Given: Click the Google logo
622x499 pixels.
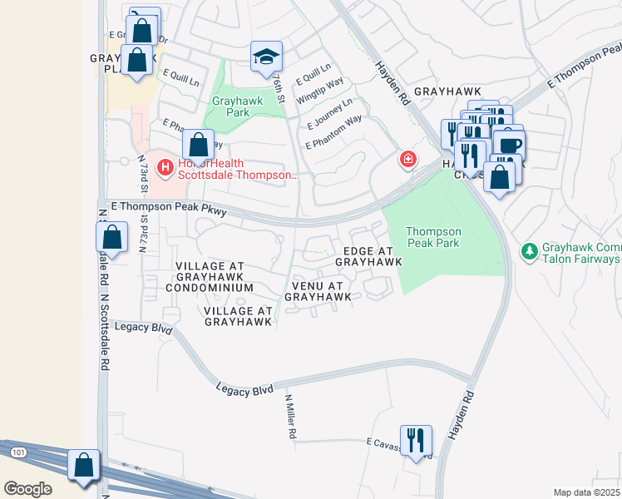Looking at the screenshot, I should click(x=27, y=489).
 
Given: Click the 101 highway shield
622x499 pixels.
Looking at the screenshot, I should click(x=18, y=452).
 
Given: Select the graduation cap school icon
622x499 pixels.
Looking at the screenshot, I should click(x=267, y=57).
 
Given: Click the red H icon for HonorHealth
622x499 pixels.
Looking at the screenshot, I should click(x=165, y=168).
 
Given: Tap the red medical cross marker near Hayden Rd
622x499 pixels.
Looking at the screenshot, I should click(x=407, y=159).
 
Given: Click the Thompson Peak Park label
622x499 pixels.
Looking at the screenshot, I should click(x=432, y=237).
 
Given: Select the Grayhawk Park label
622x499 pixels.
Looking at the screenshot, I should click(x=230, y=106).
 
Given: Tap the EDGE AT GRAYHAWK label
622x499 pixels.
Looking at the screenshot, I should click(x=368, y=256).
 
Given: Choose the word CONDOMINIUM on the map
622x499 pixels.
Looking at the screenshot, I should click(x=209, y=287).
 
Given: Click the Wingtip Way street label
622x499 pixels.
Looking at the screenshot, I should click(x=320, y=86).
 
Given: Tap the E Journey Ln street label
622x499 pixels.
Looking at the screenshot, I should click(x=329, y=114).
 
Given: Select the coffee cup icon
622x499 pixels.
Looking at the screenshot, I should click(x=509, y=142).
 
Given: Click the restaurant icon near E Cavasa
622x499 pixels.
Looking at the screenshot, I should click(x=416, y=440).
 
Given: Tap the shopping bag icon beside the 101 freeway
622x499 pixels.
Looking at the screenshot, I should click(x=84, y=466).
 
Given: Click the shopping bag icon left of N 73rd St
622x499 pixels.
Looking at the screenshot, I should click(x=112, y=238).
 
